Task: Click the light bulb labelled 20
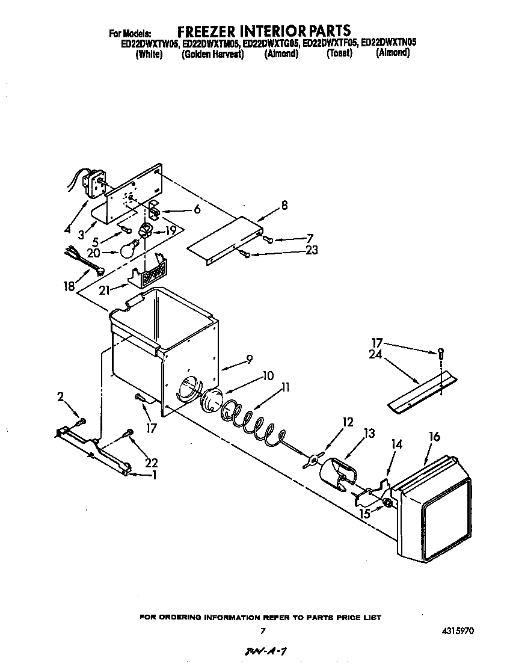129,248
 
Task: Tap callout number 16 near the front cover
434,437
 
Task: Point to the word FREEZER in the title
207,30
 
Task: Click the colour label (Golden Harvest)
212,54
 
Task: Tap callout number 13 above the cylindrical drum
369,433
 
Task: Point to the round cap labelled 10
210,400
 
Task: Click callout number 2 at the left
61,396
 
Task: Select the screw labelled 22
128,432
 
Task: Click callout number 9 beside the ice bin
248,361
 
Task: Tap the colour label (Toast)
339,54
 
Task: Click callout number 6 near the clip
197,210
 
